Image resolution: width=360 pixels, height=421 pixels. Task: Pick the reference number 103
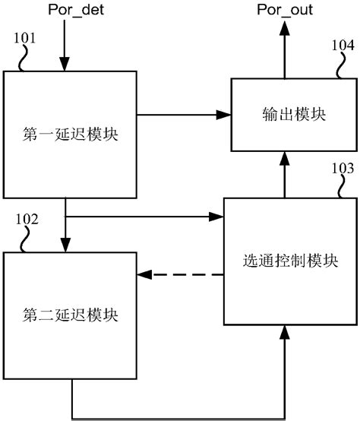pyautogui.click(x=343, y=169)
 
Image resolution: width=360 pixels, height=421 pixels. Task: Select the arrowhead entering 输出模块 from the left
pyautogui.click(x=223, y=115)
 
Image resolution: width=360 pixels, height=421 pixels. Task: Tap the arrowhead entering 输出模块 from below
pyautogui.click(x=286, y=157)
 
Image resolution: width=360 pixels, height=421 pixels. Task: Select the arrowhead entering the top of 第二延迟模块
pyautogui.click(x=65, y=245)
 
